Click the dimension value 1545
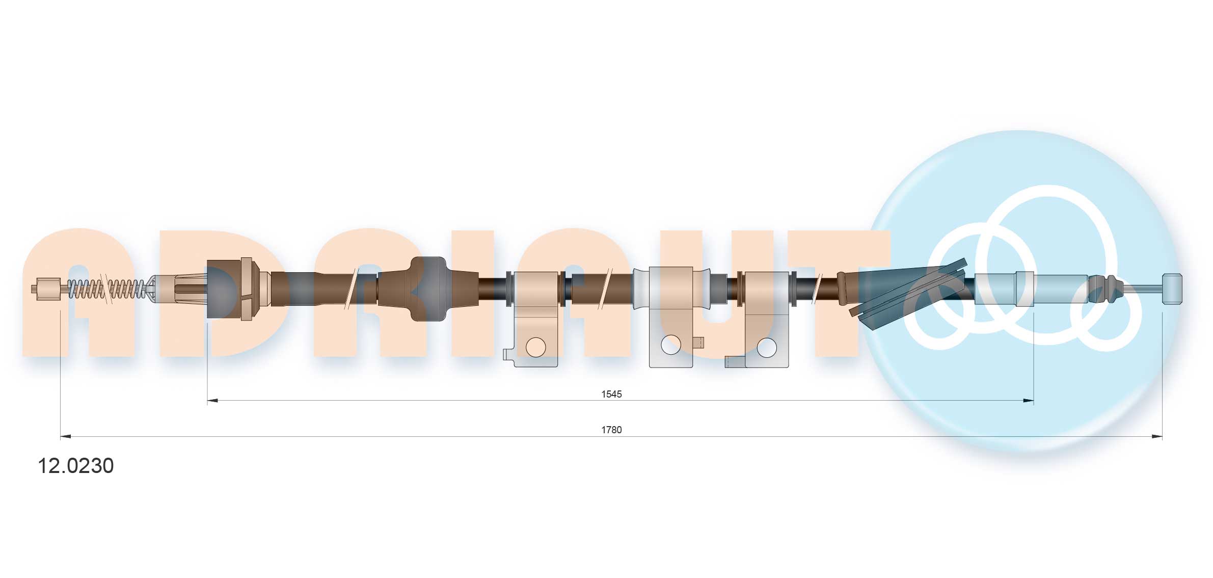click(611, 394)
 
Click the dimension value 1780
click(611, 430)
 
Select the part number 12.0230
click(76, 465)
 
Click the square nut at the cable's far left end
click(48, 289)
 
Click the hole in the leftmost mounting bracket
click(535, 347)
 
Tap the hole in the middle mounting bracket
click(670, 345)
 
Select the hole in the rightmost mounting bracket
click(767, 348)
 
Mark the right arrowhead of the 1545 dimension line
click(1028, 401)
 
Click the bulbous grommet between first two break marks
click(428, 289)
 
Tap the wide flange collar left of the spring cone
click(247, 289)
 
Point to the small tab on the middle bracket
click(698, 343)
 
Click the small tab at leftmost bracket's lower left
click(508, 354)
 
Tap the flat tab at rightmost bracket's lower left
click(734, 362)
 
